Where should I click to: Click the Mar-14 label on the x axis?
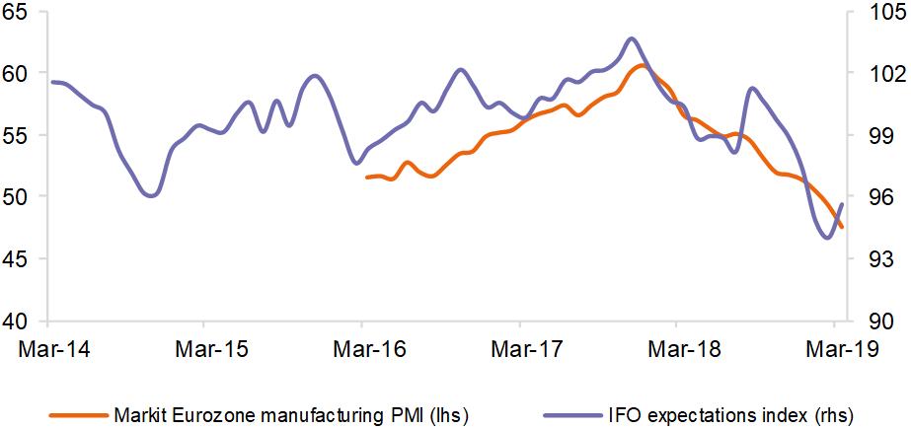pos(48,348)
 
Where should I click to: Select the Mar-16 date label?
pos(361,348)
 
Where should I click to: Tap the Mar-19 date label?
pos(834,348)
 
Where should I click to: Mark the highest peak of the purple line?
pos(633,38)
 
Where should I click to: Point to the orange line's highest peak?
pos(642,65)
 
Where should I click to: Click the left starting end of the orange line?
pos(366,178)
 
